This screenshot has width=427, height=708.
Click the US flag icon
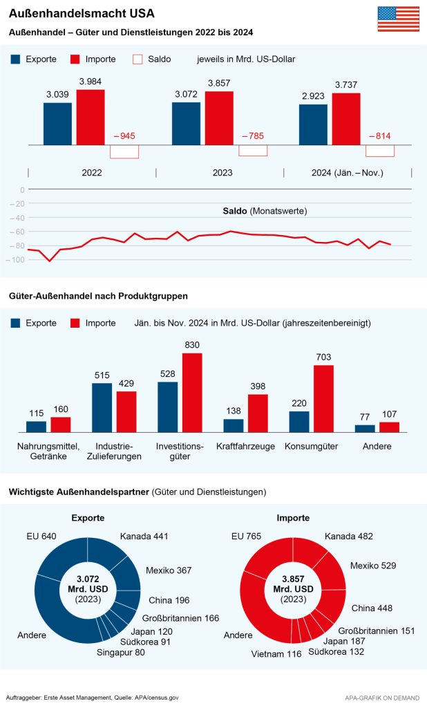pos(398,19)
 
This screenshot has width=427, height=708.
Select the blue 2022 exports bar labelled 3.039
pos(57,124)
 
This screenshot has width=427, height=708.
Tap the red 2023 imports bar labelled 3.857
pos(219,118)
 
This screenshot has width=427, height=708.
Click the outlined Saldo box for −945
pos(124,151)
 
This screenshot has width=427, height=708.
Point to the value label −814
pos(379,136)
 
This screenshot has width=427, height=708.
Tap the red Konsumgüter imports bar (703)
pos(324,398)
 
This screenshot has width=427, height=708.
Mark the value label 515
pos(102,375)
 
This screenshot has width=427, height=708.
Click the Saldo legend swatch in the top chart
pos(137,59)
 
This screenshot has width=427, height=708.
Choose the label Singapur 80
pos(122,652)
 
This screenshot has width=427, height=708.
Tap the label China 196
pos(169,600)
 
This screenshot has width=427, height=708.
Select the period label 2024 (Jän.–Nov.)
pos(348,172)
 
